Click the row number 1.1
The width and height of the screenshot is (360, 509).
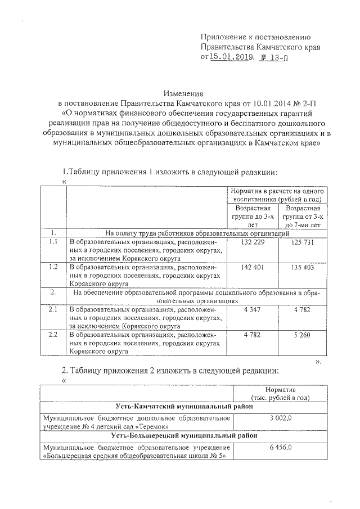click(x=53, y=242)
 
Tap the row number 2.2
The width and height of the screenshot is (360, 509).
click(x=53, y=335)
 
